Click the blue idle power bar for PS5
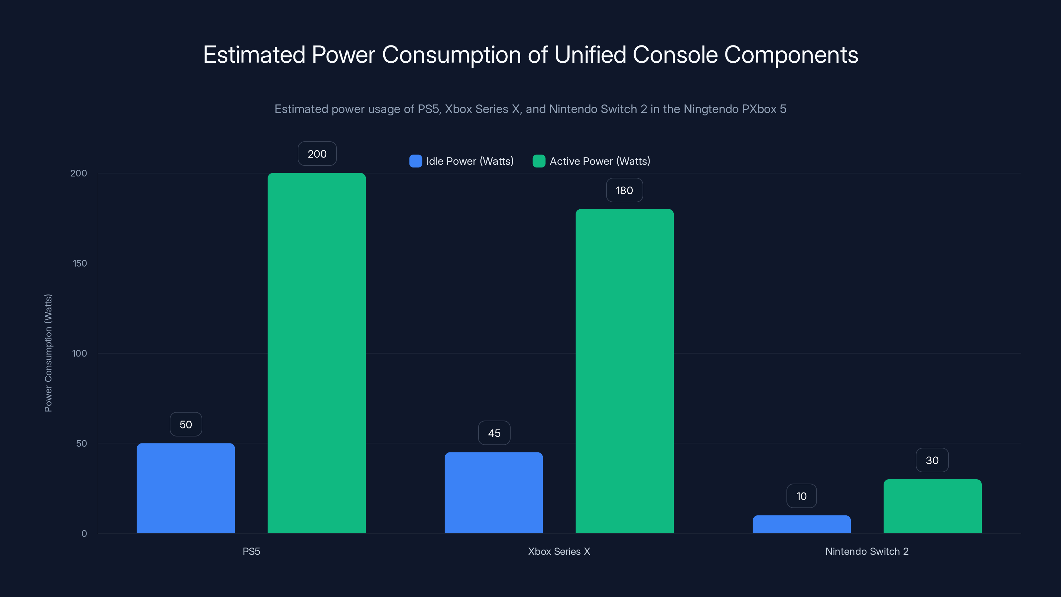(x=186, y=488)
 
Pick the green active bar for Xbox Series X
(x=624, y=371)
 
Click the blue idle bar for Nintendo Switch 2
(x=801, y=524)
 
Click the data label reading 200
(x=317, y=154)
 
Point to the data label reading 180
(x=624, y=190)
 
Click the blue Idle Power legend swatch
(x=415, y=161)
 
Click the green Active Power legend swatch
(x=539, y=161)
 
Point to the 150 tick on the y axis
(x=80, y=263)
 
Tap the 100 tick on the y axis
(x=80, y=353)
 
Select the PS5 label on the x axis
(x=251, y=551)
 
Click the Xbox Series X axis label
(x=559, y=551)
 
